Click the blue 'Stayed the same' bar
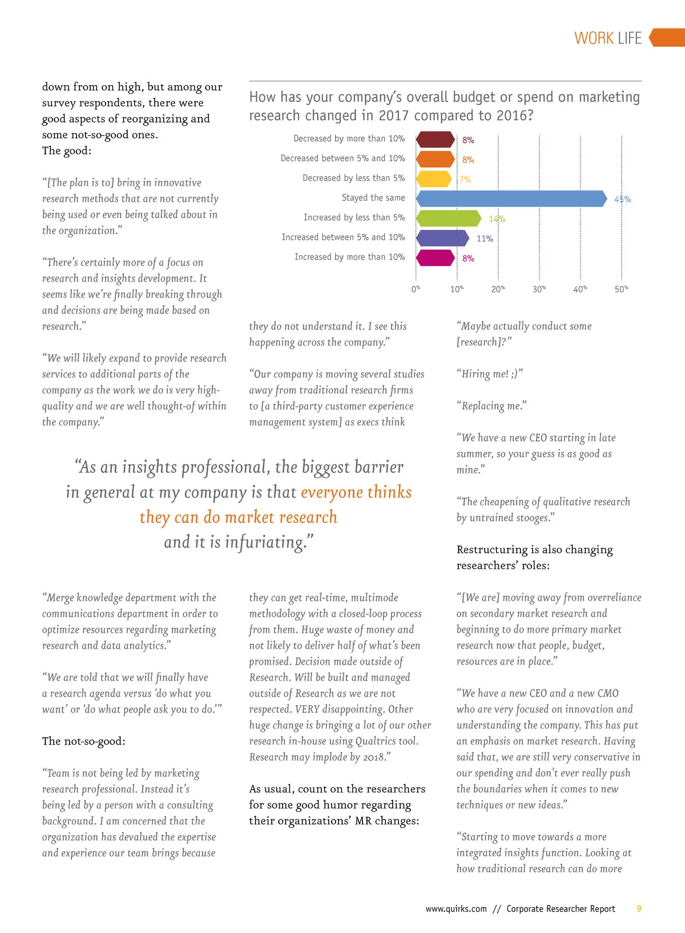click(x=511, y=199)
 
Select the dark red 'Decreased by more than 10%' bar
click(x=436, y=139)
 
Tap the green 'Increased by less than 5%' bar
click(x=449, y=218)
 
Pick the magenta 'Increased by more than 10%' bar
click(x=436, y=258)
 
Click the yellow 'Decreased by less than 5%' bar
click(x=434, y=179)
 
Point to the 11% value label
click(x=485, y=239)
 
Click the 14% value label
click(x=497, y=219)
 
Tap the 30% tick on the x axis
click(x=539, y=289)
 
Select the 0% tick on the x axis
click(x=416, y=289)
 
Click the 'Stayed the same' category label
click(x=373, y=198)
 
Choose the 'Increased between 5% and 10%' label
click(x=343, y=237)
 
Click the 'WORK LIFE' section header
click(x=608, y=38)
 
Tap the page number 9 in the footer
click(x=639, y=908)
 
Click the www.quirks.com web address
click(x=456, y=908)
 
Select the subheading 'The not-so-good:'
click(x=84, y=741)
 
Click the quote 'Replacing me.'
click(x=491, y=406)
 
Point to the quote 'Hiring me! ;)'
click(x=489, y=374)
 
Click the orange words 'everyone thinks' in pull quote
click(x=356, y=492)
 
